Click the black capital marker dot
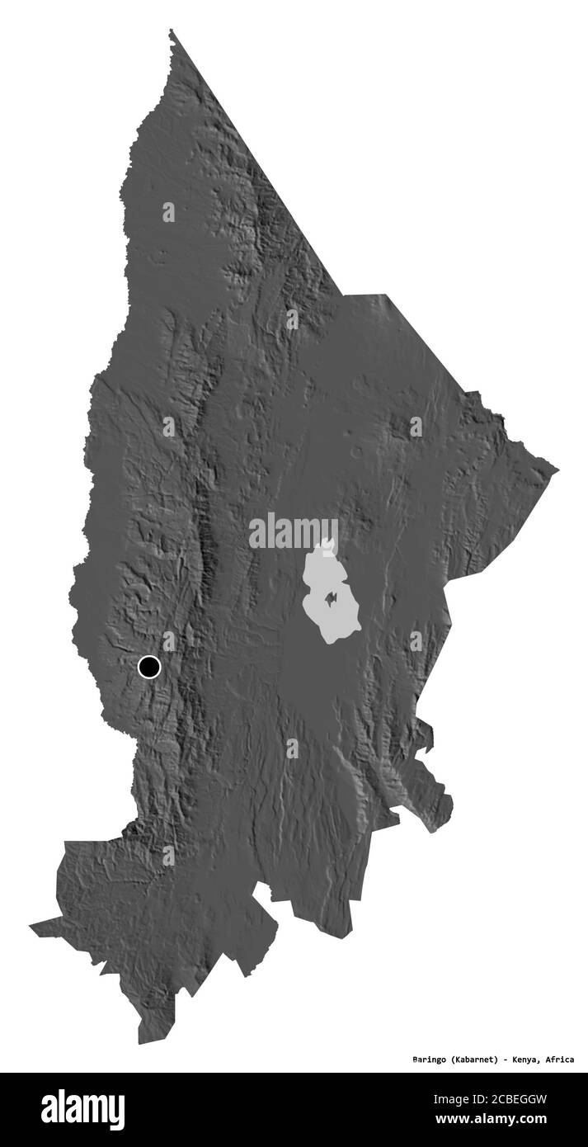(x=149, y=666)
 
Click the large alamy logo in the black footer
(x=82, y=1109)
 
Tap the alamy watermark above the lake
(x=293, y=532)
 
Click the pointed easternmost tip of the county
(x=557, y=471)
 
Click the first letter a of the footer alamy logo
(x=50, y=1111)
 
